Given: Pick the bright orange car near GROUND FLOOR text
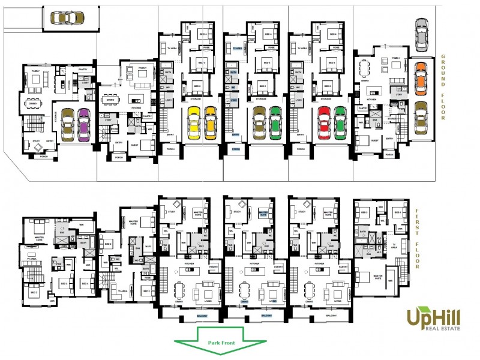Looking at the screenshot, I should point(421,76).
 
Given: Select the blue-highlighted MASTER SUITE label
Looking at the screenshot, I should point(263,213).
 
